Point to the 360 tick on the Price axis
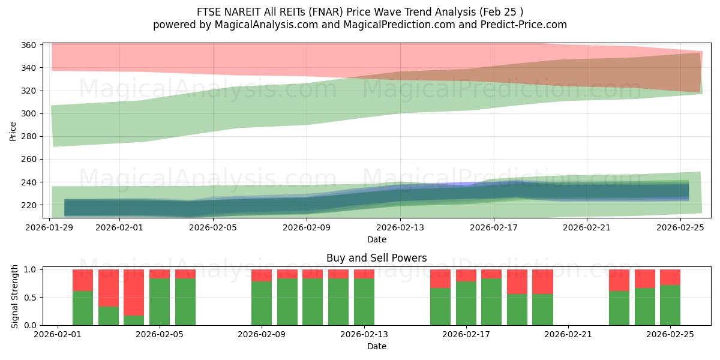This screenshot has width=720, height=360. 29,45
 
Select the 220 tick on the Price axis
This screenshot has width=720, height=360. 29,205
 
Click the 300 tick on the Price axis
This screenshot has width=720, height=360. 29,113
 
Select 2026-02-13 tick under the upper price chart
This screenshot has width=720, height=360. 400,227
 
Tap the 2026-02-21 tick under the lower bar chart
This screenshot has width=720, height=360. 568,335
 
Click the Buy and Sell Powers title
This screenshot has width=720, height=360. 377,258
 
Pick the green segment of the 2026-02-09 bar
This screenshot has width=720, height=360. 262,303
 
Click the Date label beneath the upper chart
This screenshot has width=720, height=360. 377,239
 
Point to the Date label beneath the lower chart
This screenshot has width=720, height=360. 377,346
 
